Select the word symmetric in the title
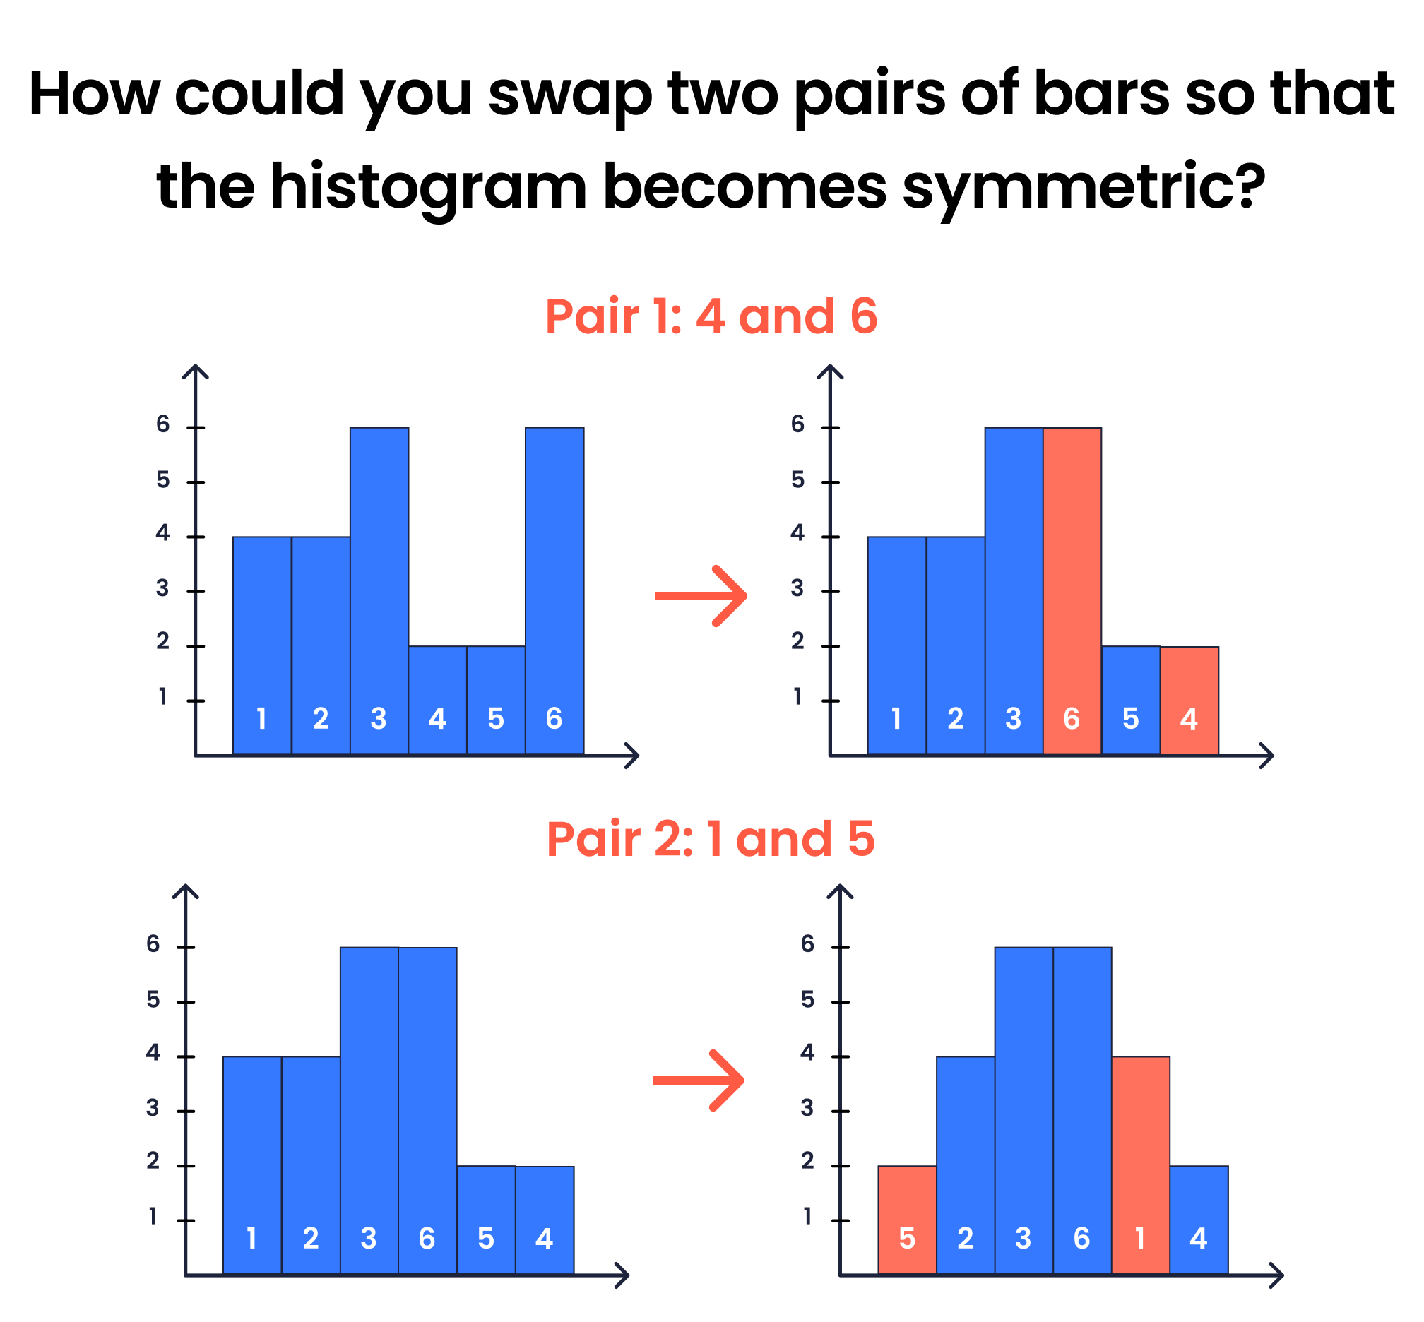(1083, 187)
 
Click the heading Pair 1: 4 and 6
(711, 316)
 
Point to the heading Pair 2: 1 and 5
(711, 838)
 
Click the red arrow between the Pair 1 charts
(701, 596)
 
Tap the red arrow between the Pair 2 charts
(699, 1080)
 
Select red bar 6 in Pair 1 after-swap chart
(1072, 591)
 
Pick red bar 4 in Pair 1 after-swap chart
(1189, 701)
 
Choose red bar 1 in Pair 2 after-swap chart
(1140, 1165)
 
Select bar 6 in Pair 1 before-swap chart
(554, 591)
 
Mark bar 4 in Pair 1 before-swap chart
(437, 701)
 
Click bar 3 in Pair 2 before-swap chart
(369, 1111)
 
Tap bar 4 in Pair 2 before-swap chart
(544, 1220)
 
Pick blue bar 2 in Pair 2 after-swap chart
(966, 1165)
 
